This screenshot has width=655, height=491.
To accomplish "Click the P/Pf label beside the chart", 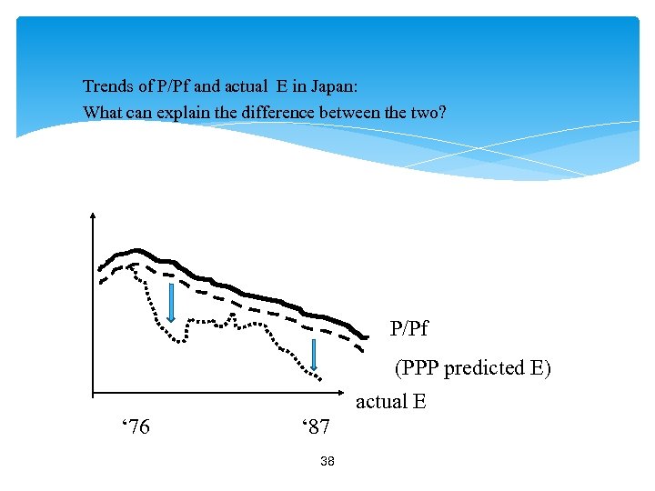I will click(408, 328).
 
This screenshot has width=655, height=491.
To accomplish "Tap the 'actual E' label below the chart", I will click(390, 401).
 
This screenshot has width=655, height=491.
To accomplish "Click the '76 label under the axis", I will click(136, 426).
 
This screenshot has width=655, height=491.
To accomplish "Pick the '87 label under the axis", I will click(315, 426).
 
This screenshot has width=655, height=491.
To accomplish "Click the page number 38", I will click(327, 462).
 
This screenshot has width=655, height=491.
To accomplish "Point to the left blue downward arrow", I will click(170, 302).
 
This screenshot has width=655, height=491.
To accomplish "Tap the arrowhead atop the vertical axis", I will click(93, 217).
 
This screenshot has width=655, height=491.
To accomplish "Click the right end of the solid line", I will click(354, 336).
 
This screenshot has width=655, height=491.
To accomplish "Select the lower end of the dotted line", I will click(319, 376).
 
